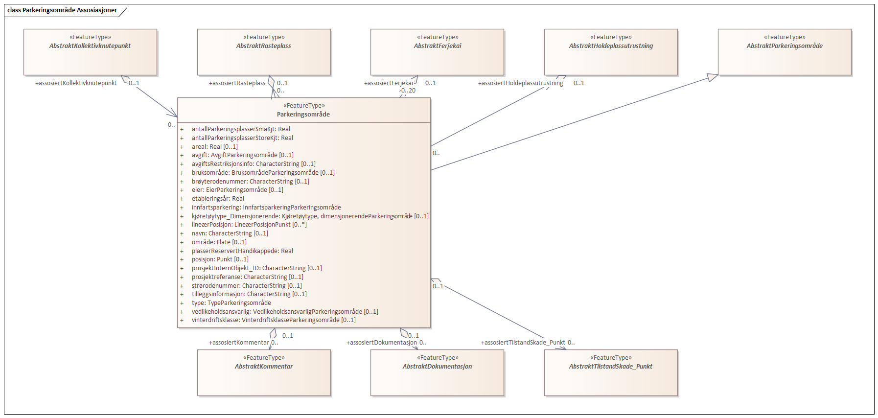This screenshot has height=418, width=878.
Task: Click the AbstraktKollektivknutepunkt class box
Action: point(90,52)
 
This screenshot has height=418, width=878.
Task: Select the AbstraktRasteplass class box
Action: point(264,52)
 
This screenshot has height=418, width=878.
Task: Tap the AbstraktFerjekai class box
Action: point(437,52)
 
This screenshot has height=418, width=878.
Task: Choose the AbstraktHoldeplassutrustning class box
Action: point(611,52)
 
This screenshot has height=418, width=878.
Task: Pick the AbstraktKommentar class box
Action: point(264,372)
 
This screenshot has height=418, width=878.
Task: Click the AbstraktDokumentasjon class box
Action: point(437,372)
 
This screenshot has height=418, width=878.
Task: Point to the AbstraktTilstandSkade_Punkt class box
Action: point(611,372)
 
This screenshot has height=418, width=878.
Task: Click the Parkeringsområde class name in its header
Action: point(303,115)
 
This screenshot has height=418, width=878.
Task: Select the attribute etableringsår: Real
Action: point(218,199)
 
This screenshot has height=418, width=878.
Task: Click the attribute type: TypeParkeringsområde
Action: point(231,303)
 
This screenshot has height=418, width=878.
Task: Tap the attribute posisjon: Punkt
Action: point(220,259)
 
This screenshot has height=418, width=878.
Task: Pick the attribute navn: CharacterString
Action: point(230,233)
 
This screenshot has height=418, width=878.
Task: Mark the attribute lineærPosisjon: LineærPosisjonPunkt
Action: point(249,225)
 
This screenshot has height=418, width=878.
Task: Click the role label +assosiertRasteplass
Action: point(237,83)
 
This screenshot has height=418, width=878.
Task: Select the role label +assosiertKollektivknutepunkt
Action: point(76,83)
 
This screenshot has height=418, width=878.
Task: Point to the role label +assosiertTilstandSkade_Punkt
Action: point(523,343)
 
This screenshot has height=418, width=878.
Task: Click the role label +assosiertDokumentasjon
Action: point(382,343)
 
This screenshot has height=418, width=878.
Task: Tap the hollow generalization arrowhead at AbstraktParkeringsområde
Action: point(713,77)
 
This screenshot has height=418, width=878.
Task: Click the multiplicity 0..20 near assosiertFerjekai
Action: point(408,91)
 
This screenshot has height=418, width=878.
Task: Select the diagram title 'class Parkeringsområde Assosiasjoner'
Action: point(62,10)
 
